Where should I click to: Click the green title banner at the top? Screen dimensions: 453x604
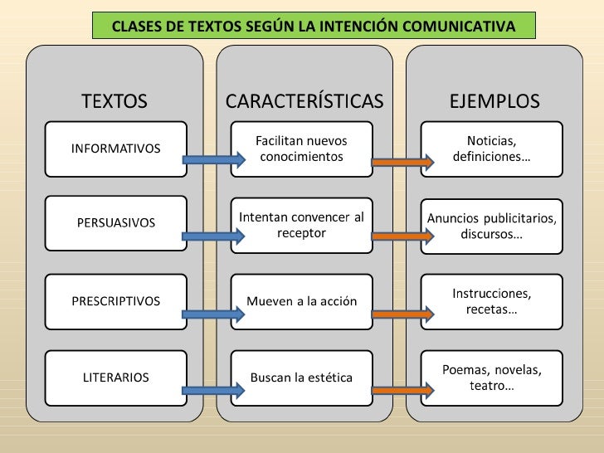(x=313, y=27)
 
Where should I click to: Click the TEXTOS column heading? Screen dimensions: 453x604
(x=114, y=101)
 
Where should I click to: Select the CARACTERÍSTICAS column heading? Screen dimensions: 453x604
(x=304, y=101)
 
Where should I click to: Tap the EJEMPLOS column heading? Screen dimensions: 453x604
(x=494, y=101)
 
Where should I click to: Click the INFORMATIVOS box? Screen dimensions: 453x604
(x=115, y=149)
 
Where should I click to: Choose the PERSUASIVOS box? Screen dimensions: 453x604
(x=115, y=222)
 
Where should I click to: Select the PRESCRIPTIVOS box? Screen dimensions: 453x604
(x=115, y=300)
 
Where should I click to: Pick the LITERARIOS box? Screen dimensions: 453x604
(x=115, y=377)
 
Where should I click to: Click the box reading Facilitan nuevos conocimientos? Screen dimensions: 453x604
(x=301, y=149)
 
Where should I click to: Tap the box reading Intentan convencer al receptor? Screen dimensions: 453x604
(x=301, y=225)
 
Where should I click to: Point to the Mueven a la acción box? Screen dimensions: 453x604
(x=301, y=300)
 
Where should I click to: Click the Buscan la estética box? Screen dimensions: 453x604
(x=301, y=377)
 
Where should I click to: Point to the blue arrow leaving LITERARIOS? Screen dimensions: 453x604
(x=211, y=390)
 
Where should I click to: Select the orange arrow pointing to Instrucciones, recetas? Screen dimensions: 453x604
(x=402, y=314)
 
